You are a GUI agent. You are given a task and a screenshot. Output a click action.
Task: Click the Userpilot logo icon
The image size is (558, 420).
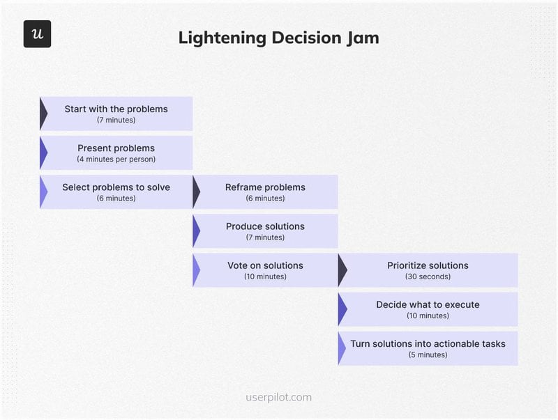click(x=37, y=34)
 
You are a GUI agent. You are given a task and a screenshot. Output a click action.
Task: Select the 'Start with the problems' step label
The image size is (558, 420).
click(x=116, y=109)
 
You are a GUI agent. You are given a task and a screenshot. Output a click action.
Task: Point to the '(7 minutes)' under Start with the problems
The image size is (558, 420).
click(x=116, y=120)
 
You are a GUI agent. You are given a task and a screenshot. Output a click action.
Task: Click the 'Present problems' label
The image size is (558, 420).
click(x=116, y=148)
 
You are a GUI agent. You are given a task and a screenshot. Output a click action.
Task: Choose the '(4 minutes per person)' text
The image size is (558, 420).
click(x=116, y=160)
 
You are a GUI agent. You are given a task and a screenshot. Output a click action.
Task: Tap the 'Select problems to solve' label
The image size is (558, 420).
click(x=116, y=187)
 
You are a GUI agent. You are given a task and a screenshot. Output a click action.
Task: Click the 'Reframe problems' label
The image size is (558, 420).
click(x=265, y=187)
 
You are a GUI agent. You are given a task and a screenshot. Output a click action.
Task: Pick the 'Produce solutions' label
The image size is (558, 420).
click(x=265, y=226)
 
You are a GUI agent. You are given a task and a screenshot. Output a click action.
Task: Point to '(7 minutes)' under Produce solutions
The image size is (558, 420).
click(x=265, y=238)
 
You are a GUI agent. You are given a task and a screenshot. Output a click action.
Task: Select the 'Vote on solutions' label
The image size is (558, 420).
click(x=265, y=265)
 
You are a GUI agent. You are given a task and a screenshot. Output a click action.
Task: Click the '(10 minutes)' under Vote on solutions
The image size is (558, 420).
click(x=265, y=277)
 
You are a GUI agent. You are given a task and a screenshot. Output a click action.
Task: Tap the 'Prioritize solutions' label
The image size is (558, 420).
click(x=428, y=265)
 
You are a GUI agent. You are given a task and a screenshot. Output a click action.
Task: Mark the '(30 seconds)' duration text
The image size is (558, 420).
click(x=428, y=277)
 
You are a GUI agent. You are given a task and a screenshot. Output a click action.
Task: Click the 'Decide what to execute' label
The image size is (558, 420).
click(x=428, y=304)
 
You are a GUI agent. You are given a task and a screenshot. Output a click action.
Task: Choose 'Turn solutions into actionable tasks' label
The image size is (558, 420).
click(x=428, y=343)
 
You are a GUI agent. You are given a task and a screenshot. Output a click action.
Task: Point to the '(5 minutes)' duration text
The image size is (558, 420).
click(x=428, y=355)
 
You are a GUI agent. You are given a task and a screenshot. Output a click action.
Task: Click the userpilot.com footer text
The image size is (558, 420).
click(x=279, y=398)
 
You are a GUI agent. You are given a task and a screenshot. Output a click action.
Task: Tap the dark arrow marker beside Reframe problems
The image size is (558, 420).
click(x=196, y=192)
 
